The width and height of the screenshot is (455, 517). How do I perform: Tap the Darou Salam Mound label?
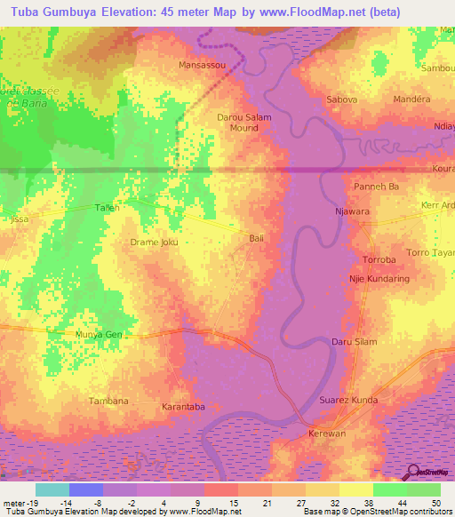238,123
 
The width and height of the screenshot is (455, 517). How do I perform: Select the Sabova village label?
342,99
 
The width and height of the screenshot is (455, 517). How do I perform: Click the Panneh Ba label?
376,187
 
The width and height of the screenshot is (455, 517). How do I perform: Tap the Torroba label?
384,260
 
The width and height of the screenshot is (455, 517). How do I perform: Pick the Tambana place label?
108,402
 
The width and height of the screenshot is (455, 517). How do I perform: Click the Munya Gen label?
98,335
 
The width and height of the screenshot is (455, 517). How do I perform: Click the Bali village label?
257,238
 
